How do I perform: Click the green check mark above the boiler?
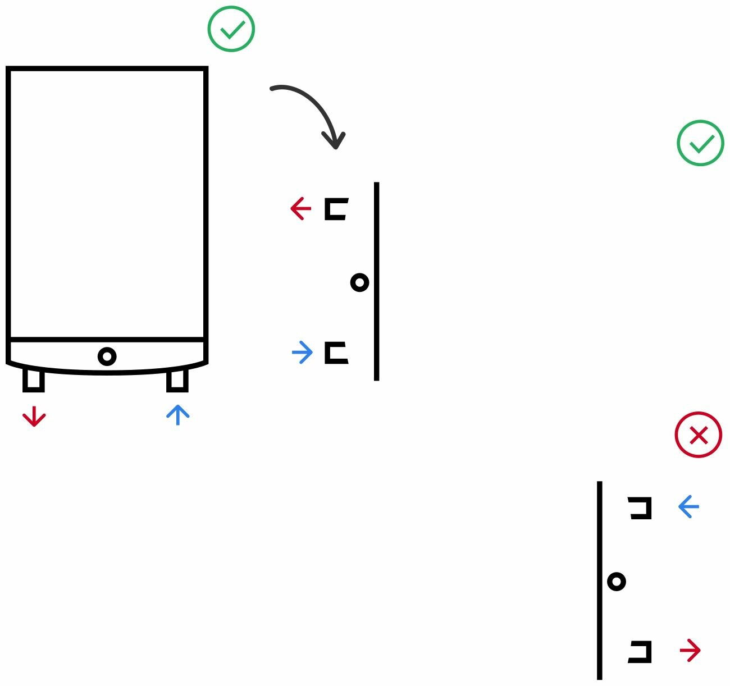tap(231, 29)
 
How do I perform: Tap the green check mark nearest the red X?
tap(700, 143)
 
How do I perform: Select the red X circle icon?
tap(698, 435)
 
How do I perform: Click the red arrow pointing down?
tap(34, 417)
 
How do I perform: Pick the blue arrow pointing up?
tap(178, 415)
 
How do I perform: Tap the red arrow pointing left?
tap(300, 209)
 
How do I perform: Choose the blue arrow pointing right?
tap(302, 353)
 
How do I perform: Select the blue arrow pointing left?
tap(688, 507)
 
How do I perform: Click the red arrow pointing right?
tap(690, 651)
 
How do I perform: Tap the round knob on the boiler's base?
tap(107, 356)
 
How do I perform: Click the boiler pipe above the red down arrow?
tap(34, 379)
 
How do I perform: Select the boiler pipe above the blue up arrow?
tap(177, 379)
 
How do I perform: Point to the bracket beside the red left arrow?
tap(336, 209)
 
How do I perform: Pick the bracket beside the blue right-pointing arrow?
tap(336, 353)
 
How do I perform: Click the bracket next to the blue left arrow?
tap(641, 507)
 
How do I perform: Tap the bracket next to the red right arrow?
tap(641, 651)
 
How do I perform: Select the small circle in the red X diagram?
tap(617, 582)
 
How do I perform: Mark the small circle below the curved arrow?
tap(359, 282)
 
